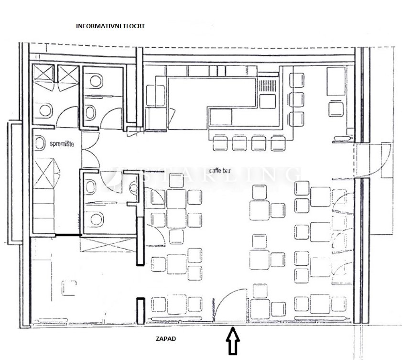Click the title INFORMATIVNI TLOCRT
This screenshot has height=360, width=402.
tap(110, 26)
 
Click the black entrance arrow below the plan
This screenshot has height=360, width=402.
tap(233, 340)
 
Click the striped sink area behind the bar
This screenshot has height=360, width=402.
tap(268, 87)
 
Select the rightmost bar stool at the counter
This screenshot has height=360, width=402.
tap(278, 143)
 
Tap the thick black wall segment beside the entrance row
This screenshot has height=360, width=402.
tap(140, 306)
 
